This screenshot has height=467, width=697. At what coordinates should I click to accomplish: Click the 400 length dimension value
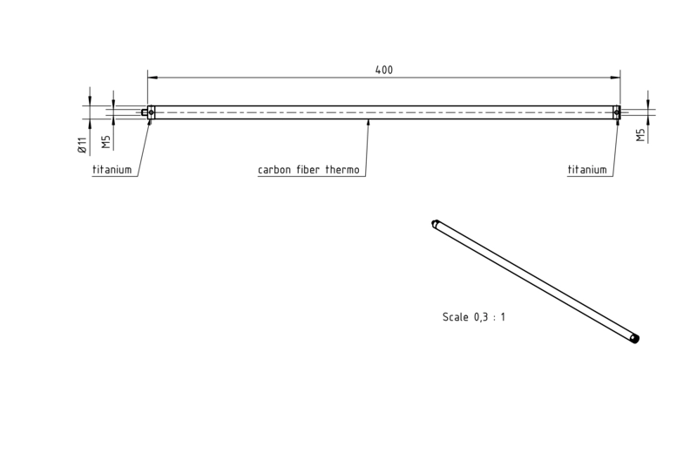[x=384, y=70]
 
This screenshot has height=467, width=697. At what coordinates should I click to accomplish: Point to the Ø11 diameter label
[x=82, y=146]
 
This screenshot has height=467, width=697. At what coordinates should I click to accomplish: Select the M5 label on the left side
[x=105, y=142]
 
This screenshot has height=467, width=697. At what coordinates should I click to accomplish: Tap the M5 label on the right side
[x=640, y=135]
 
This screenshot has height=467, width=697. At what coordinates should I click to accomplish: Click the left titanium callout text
[x=112, y=170]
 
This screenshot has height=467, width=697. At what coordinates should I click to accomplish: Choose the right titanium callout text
[x=587, y=170]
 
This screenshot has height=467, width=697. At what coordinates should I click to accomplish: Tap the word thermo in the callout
[x=342, y=170]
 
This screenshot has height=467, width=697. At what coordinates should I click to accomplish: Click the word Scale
[x=455, y=317]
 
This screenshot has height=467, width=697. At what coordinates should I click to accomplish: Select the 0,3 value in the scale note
[x=481, y=317]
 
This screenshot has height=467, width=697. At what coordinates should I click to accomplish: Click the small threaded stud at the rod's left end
[x=145, y=112]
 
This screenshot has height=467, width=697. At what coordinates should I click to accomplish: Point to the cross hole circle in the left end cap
[x=151, y=112]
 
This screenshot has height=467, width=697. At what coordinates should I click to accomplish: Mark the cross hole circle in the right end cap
[x=617, y=113]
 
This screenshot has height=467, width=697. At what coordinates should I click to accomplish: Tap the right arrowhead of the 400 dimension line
[x=616, y=78]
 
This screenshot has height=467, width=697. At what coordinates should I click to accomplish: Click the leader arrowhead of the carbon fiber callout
[x=368, y=123]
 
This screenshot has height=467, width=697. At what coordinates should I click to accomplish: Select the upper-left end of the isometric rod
[x=435, y=224]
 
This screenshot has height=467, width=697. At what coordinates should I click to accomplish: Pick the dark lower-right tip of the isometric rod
[x=635, y=340]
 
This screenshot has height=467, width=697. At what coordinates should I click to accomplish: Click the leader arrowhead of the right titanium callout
[x=617, y=122]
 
